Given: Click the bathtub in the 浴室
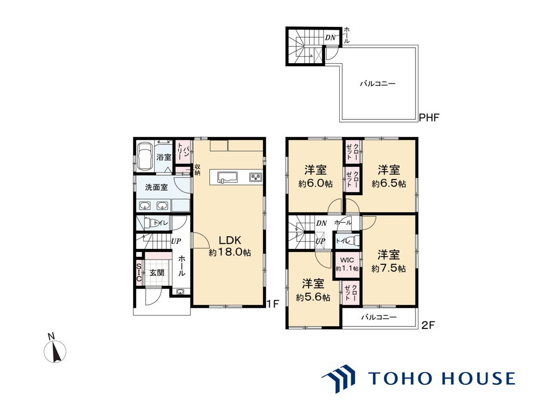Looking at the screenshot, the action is pos(145,156).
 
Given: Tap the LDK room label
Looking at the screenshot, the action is pos(230,241).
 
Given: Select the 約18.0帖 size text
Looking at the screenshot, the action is pos(230,252).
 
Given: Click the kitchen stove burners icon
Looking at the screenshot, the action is pos(256,177).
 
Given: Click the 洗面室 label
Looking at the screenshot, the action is pos(156,187).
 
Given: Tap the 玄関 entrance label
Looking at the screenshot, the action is pos(157,273).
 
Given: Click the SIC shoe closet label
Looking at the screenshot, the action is pos(139,273).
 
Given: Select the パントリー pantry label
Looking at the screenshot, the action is pos(183,152).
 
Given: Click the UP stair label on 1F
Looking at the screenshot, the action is pos(176,241).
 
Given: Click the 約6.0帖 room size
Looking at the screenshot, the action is pos(315,184).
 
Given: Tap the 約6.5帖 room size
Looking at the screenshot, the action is pos(389,184).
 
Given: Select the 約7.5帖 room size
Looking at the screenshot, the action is pos(389,268).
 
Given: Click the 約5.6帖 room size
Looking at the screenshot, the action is pos(313,297).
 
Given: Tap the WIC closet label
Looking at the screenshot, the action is pos(347,261).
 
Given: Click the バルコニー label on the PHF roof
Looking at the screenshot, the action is pos(378,84).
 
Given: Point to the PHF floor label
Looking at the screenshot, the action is pos(429,117).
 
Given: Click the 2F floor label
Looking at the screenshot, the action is pos(428,325).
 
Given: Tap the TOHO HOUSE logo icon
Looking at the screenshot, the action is pos(338,378).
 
